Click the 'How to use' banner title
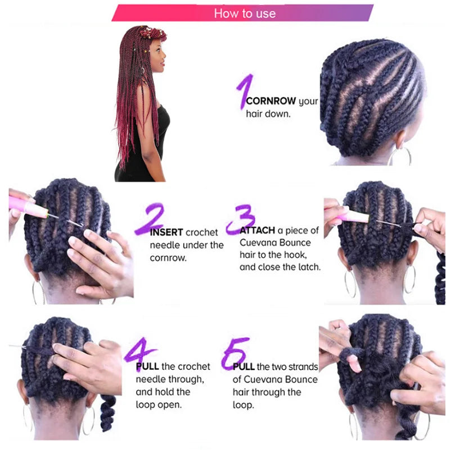(245, 13)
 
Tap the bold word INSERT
(166, 232)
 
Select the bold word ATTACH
(258, 231)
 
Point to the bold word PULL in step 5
(244, 367)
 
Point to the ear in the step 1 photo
(400, 138)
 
